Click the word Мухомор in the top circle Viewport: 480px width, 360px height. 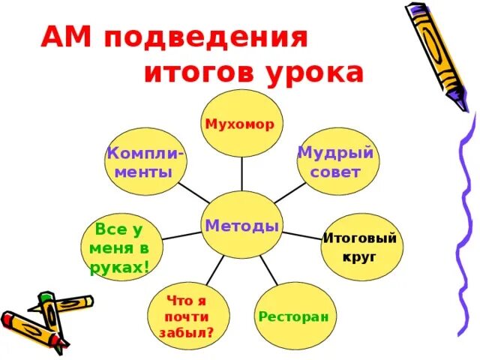click(241, 123)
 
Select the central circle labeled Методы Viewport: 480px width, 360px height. click(241, 226)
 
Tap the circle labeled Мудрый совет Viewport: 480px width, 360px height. click(335, 162)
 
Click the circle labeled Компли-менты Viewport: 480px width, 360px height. click(145, 162)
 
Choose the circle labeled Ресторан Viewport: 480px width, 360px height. click(293, 316)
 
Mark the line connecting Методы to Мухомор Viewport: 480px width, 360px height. click(241, 174)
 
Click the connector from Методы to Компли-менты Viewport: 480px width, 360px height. click(193, 192)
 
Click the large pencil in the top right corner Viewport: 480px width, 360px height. click(443, 52)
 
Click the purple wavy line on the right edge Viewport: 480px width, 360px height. click(460, 225)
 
